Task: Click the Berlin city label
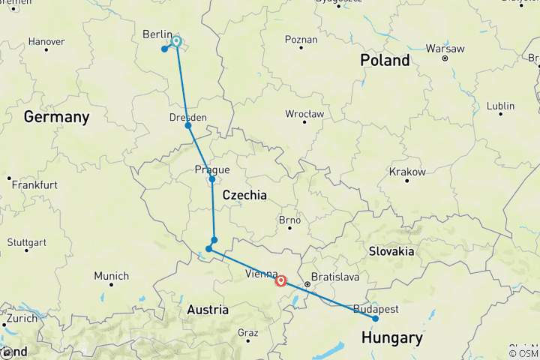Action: (x=157, y=34)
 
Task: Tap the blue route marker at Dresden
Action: (x=188, y=125)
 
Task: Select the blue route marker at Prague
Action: (x=212, y=179)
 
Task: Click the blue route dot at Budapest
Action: (x=376, y=319)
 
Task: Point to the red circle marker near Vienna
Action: (x=280, y=281)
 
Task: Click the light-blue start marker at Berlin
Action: (x=176, y=42)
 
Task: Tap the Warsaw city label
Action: (x=445, y=48)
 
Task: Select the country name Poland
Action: (x=385, y=60)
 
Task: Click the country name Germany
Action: (x=56, y=117)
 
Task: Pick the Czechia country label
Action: (x=245, y=195)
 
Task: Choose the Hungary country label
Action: (x=391, y=339)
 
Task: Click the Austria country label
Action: (x=208, y=310)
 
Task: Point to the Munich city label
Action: (x=111, y=276)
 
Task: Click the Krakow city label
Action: (x=407, y=172)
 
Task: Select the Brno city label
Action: (x=289, y=220)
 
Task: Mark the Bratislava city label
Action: (x=335, y=277)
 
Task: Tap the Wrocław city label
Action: (x=304, y=114)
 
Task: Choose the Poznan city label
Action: (x=301, y=39)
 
